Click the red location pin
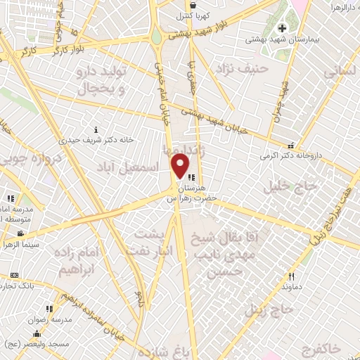tap(181, 166)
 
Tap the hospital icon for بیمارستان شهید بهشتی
tap(283, 29)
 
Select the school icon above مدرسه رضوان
tap(49, 309)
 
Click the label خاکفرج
tap(322, 349)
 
